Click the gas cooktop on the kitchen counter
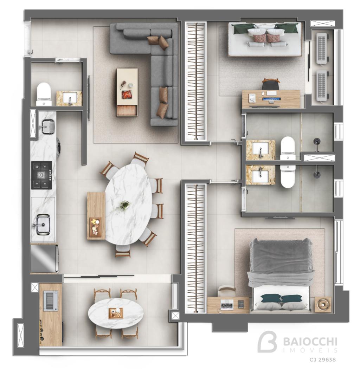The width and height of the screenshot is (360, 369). click(42, 175)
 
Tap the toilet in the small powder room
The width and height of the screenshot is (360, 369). click(44, 94)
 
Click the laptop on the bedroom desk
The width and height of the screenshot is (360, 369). click(226, 305)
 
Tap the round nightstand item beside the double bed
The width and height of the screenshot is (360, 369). click(323, 305)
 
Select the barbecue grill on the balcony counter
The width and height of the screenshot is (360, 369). click(51, 301)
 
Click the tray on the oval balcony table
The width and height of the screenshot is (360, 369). click(116, 313)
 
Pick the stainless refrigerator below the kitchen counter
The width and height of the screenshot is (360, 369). click(45, 258)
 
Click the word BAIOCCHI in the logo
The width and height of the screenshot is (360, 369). click(310, 342)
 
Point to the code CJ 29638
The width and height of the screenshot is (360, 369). click(322, 360)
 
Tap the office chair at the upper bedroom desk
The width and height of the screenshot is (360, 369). click(271, 84)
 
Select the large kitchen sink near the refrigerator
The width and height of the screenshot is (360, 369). click(43, 224)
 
